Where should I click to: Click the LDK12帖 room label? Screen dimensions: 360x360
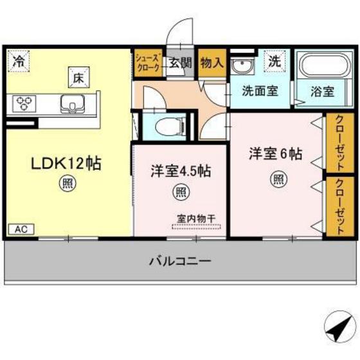(x=66, y=163)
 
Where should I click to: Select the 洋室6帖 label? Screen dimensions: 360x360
(x=276, y=154)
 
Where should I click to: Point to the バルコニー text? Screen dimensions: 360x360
(x=181, y=262)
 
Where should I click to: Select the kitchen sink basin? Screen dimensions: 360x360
(x=69, y=103)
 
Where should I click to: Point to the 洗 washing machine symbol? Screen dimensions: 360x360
(x=274, y=62)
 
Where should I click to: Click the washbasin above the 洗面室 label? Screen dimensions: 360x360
(x=243, y=66)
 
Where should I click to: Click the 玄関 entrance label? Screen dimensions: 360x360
(x=181, y=63)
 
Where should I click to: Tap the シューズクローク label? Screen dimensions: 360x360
(x=149, y=63)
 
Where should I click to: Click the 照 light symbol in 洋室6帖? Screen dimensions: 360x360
(x=278, y=179)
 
